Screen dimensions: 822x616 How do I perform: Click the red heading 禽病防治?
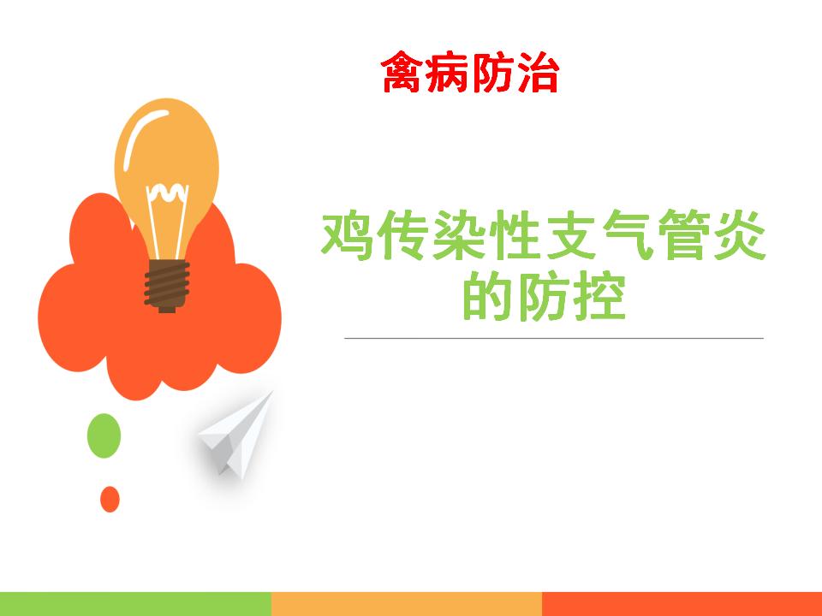(x=470, y=72)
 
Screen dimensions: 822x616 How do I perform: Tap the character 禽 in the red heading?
(x=402, y=72)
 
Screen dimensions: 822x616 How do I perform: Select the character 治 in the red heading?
(x=539, y=72)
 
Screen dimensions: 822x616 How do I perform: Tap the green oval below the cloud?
(x=104, y=435)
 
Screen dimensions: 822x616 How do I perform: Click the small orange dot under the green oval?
(x=110, y=499)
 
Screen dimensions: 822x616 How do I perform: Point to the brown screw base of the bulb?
(x=167, y=286)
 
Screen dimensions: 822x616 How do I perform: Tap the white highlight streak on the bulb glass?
(x=140, y=134)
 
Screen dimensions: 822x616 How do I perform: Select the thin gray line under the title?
(x=554, y=339)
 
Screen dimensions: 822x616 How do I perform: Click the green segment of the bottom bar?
(x=136, y=604)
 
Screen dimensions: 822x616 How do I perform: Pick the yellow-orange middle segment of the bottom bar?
(x=407, y=604)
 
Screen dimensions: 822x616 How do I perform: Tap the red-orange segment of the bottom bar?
(x=682, y=604)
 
